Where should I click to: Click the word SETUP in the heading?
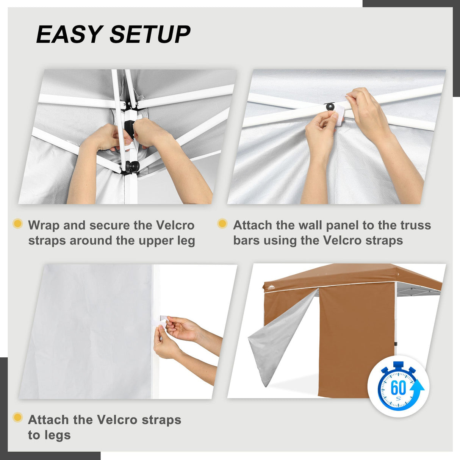[x=150, y=34]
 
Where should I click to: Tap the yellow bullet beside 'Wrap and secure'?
[x=17, y=224]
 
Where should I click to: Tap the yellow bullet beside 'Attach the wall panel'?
[x=222, y=224]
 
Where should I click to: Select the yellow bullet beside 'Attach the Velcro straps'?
[x=17, y=418]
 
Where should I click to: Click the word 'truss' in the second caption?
[x=416, y=225]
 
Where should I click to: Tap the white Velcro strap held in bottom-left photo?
[x=160, y=321]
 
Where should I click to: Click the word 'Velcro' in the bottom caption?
[x=117, y=420]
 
